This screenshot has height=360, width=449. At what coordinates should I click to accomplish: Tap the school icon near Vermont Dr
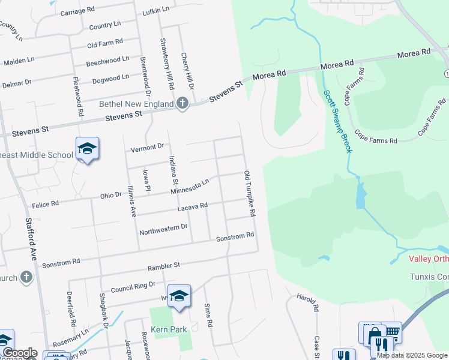tap(87, 149)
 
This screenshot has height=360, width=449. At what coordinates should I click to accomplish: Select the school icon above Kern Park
tap(179, 296)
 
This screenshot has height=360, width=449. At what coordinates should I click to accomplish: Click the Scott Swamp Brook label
tap(338, 121)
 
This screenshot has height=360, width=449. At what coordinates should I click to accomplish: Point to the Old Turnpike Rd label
tap(250, 193)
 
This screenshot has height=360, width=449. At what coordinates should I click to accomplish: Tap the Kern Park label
tap(169, 329)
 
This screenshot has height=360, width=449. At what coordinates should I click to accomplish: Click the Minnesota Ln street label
tap(190, 186)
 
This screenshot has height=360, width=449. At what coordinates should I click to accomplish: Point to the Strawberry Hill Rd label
tap(166, 64)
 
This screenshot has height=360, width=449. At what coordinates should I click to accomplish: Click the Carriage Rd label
tap(77, 11)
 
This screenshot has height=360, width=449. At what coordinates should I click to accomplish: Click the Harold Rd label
tap(306, 302)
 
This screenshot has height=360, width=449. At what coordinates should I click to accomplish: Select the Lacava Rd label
tap(192, 207)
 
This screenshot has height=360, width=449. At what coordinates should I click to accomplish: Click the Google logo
tap(19, 353)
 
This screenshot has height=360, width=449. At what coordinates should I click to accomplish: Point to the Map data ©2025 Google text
tap(412, 355)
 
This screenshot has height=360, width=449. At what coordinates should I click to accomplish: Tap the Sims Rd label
tap(208, 314)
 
